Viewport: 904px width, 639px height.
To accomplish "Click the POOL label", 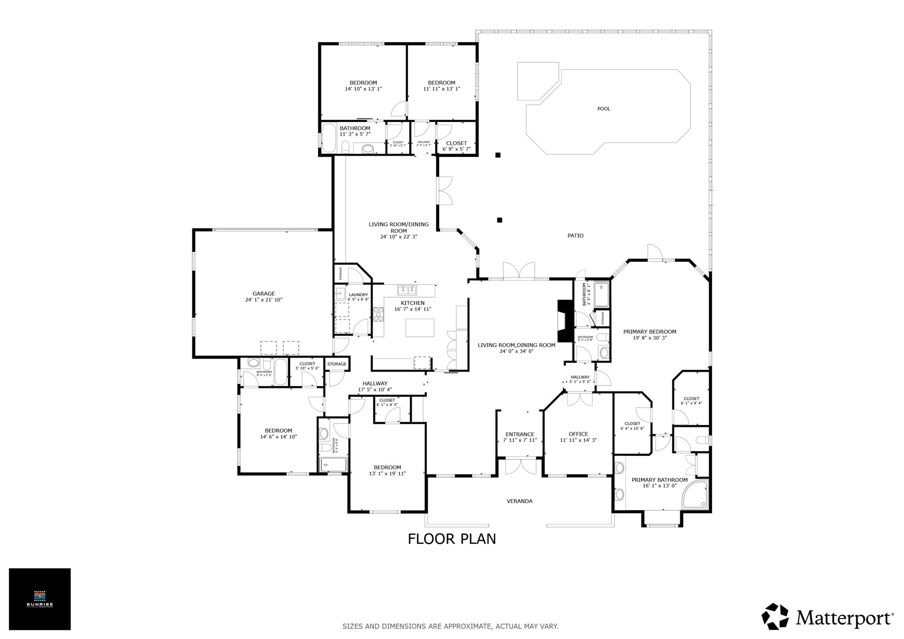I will pos(603,109).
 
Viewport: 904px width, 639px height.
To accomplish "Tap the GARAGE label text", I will pos(264,294).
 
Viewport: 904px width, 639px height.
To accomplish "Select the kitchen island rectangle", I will pos(420,327).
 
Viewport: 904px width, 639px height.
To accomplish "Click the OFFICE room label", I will pos(578,434).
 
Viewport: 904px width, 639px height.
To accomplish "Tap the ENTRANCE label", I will pos(520,435).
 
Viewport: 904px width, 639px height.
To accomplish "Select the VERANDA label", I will pos(519,501).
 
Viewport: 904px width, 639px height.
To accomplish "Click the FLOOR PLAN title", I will pos(452,539).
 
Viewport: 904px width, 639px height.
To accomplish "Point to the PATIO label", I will pos(575,236).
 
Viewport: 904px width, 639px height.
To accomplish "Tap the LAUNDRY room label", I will pos(358,295).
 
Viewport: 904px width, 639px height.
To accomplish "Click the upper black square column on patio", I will pos(497,155).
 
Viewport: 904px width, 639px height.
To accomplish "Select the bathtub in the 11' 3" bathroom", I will pos(328,139).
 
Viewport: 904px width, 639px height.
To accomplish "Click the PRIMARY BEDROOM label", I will pos(649,332).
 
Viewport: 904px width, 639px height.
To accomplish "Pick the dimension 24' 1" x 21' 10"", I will pos(264,300).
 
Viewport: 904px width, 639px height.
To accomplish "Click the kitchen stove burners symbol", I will pos(378,314).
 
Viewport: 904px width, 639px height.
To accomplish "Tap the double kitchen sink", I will pos(407,290).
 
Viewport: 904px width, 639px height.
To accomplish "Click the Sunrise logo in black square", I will pos(40,599).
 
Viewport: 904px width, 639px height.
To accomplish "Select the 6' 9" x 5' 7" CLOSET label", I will pos(456,143).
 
